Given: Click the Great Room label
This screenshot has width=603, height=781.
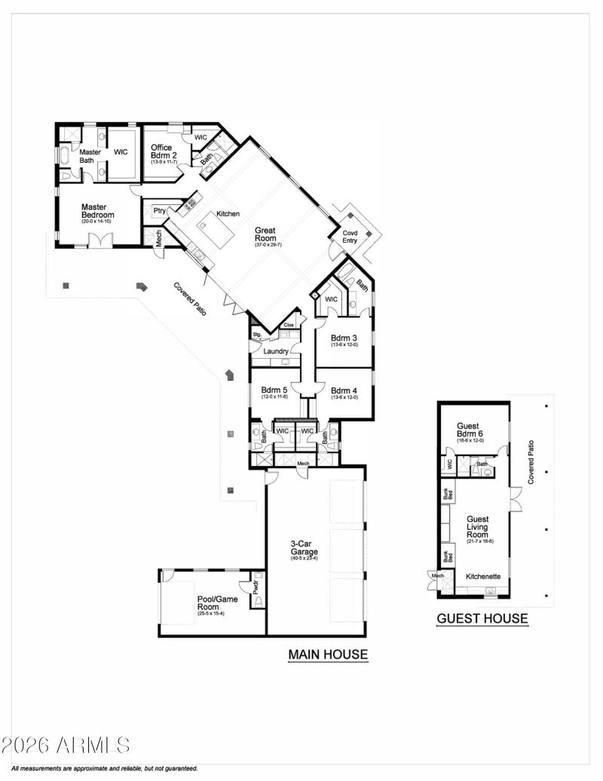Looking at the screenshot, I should (265, 234).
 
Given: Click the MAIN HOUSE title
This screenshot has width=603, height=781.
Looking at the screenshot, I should (328, 655).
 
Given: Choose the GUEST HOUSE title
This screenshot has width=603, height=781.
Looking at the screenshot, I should (482, 619).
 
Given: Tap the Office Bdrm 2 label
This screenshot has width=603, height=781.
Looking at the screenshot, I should (161, 152).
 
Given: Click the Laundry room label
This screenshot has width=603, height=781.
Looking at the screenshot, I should (276, 351).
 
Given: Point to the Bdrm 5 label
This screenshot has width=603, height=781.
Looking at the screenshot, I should (275, 390).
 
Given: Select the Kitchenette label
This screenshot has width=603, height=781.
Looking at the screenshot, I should (483, 577).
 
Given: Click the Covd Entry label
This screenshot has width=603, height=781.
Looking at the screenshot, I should (350, 237).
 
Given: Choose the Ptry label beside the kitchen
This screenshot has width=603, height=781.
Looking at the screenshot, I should (160, 210).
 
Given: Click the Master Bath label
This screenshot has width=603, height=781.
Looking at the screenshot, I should (90, 156).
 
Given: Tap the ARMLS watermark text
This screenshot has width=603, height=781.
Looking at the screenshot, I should (66, 746).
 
